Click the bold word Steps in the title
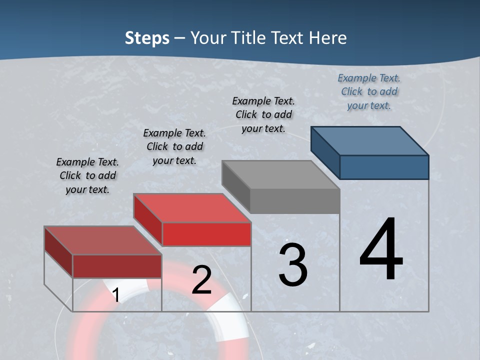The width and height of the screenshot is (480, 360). (147, 38)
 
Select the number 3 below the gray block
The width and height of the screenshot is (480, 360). (293, 265)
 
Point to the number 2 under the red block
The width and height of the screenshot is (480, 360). (201, 280)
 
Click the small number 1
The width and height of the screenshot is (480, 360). (115, 295)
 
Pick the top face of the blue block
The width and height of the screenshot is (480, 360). (370, 140)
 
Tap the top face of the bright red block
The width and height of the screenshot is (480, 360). (192, 207)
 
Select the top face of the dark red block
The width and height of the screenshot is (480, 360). (103, 240)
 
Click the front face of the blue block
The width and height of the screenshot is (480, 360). (384, 167)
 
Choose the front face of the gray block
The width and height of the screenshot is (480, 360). (295, 201)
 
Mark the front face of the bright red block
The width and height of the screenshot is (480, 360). (206, 234)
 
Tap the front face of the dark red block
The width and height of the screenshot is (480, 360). (117, 266)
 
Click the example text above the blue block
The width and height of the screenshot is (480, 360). (369, 91)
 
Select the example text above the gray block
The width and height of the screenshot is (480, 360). (263, 114)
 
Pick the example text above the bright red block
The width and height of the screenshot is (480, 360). (174, 146)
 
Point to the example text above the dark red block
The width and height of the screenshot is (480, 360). (87, 175)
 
